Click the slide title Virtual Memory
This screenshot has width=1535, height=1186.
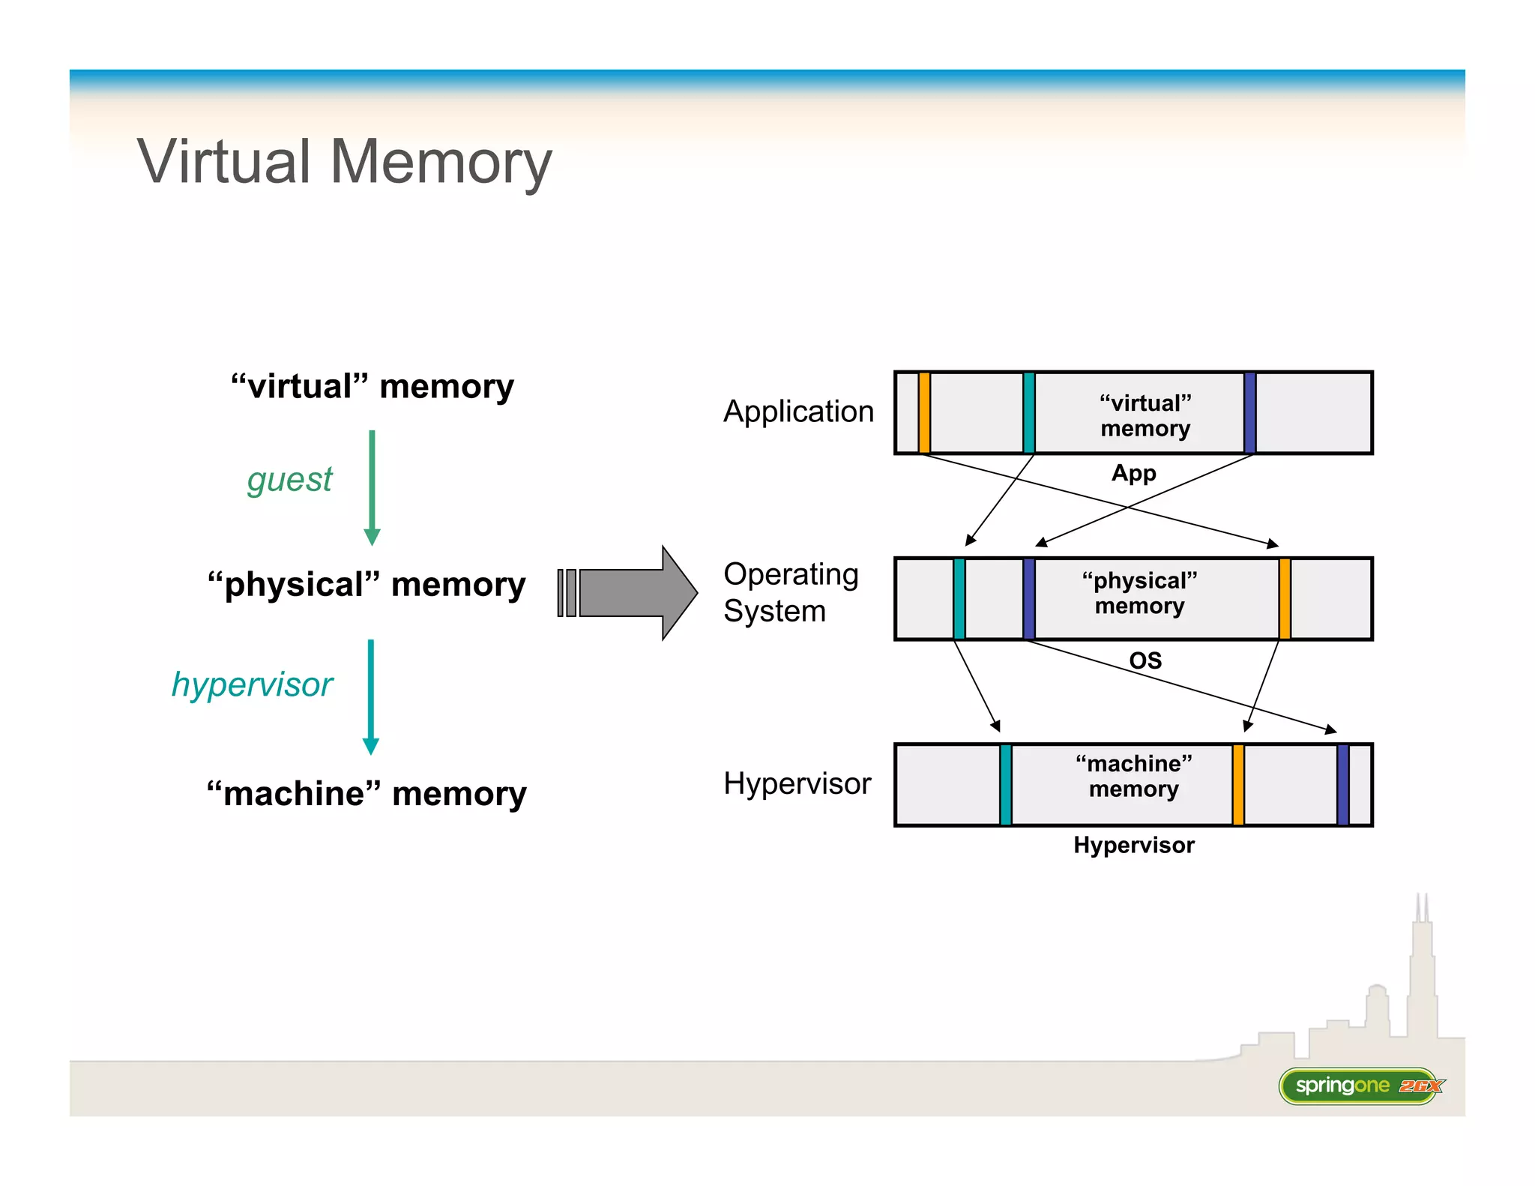344,163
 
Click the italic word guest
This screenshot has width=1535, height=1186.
289,480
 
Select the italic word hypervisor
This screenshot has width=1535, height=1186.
252,684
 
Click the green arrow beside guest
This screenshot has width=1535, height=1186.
372,487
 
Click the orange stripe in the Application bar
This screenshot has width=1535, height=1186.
924,412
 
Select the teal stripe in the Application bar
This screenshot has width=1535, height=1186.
1028,412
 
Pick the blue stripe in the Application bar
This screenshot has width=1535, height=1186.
1249,412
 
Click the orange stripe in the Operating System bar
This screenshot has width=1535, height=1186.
1284,598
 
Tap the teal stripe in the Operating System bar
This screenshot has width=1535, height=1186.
959,598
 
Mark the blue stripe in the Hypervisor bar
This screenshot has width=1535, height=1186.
1342,785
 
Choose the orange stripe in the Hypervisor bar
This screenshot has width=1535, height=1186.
1237,785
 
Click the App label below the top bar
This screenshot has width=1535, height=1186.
1133,474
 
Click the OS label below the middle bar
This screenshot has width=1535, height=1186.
1145,660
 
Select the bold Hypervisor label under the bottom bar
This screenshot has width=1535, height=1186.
1133,846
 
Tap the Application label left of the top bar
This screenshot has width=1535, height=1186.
798,412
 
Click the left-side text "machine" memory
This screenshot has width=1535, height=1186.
367,794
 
